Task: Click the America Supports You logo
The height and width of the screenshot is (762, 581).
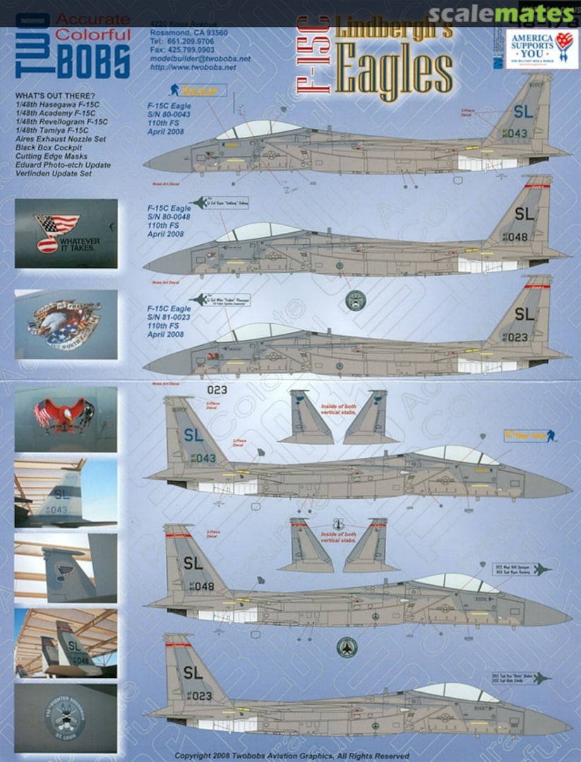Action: pyautogui.click(x=541, y=48)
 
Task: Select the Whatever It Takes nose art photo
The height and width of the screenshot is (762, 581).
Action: pyautogui.click(x=66, y=233)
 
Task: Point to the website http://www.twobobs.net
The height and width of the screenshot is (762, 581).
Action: pyautogui.click(x=191, y=68)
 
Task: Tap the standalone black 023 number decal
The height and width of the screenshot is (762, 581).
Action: pyautogui.click(x=217, y=389)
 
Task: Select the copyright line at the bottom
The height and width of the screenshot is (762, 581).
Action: pyautogui.click(x=292, y=755)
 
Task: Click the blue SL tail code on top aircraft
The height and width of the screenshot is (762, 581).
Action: pyautogui.click(x=523, y=111)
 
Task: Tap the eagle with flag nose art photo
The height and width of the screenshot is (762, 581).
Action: pyautogui.click(x=66, y=419)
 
